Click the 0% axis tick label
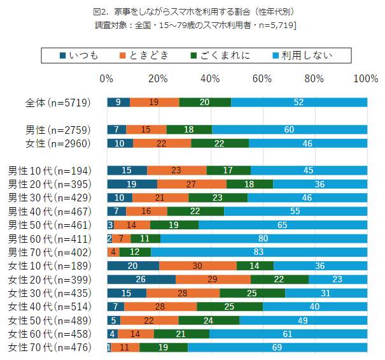[x=107, y=78]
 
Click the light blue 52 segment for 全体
[x=299, y=103]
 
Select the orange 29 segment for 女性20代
[x=213, y=280]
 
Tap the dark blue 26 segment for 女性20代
[x=141, y=280]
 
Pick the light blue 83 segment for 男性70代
[x=258, y=252]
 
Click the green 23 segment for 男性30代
[x=218, y=198]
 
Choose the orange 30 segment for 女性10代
[x=197, y=266]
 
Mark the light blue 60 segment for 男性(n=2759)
[x=289, y=129]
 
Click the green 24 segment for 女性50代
[x=209, y=320]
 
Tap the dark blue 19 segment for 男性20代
[x=132, y=184]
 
